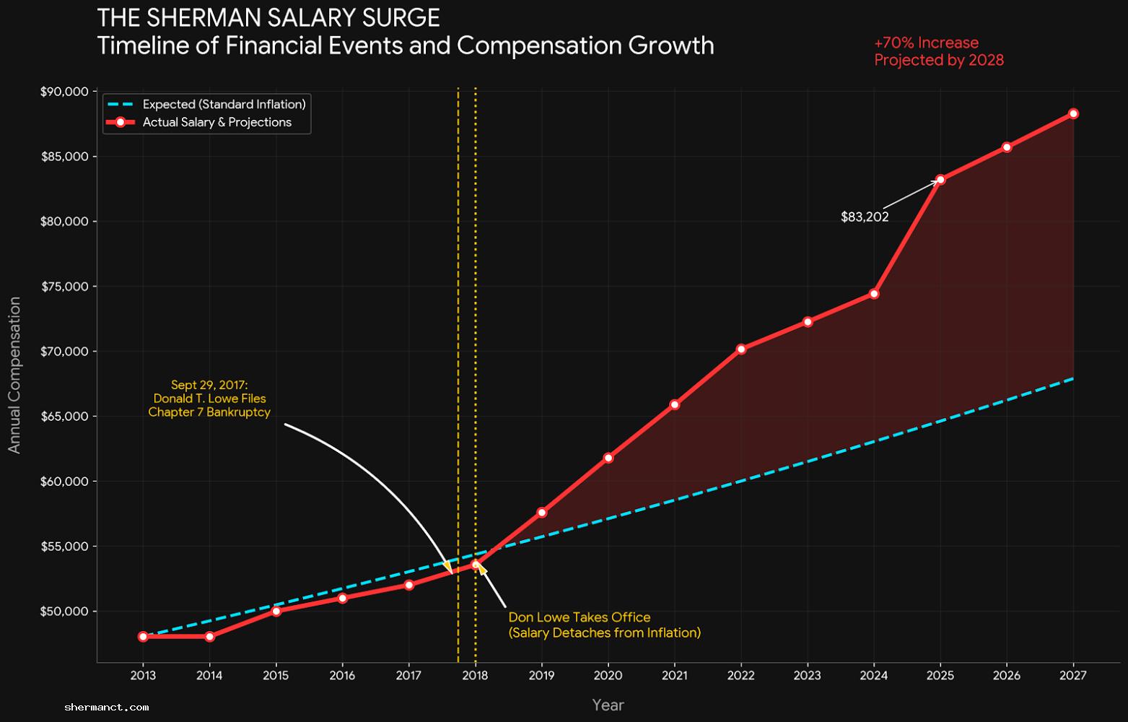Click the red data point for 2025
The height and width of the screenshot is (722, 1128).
coord(940,179)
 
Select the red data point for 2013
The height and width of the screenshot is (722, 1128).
coord(143,637)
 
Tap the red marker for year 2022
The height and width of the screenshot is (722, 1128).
coord(741,349)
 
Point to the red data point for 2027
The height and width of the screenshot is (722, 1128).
coord(1073,113)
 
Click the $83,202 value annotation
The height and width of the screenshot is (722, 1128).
coord(865,217)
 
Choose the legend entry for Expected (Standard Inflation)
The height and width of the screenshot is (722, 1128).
coord(224,104)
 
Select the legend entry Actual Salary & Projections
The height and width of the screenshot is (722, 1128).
coord(217,122)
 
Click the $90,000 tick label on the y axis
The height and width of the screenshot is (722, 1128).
coord(65,92)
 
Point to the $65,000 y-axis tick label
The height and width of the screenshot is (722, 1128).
coord(65,417)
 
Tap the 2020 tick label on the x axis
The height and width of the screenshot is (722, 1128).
coord(608,676)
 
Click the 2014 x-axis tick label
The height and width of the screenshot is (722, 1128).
coord(209,676)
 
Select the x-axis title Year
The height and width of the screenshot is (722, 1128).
coord(608,705)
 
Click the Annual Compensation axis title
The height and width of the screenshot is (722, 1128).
coord(14,375)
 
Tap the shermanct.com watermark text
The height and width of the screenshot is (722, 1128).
coord(107,708)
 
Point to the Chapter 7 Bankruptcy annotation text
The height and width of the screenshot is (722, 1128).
coord(209,412)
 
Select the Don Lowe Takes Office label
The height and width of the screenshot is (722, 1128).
coord(580,617)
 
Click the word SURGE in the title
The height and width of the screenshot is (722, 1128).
coord(403,17)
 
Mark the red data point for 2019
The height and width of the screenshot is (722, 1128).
coord(541,513)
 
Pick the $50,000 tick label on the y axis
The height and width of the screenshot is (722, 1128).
coord(65,612)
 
